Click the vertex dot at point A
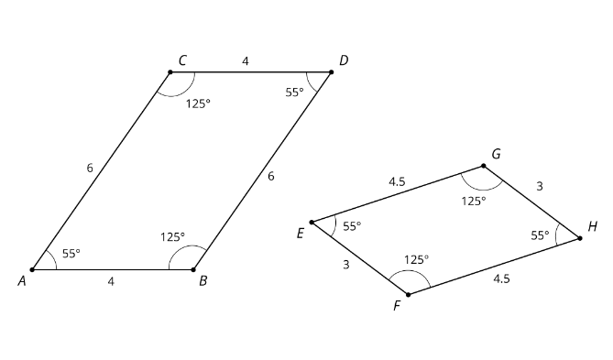click(x=32, y=269)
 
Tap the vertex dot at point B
click(x=193, y=269)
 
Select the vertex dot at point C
click(x=170, y=72)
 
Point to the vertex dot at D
click(x=332, y=72)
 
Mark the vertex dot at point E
click(x=312, y=223)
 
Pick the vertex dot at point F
click(x=408, y=294)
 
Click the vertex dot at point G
click(x=484, y=166)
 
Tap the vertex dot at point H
click(x=580, y=238)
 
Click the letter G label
click(x=496, y=154)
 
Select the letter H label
click(x=593, y=226)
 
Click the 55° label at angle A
click(x=71, y=254)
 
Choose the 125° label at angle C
click(x=198, y=104)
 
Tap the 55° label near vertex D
click(x=294, y=93)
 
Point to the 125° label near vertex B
click(x=172, y=237)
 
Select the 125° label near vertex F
click(x=416, y=259)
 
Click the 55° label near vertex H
click(x=540, y=235)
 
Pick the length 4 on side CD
click(x=246, y=61)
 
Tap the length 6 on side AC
click(x=90, y=168)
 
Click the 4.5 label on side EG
click(x=397, y=181)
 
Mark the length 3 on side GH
click(x=540, y=186)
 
